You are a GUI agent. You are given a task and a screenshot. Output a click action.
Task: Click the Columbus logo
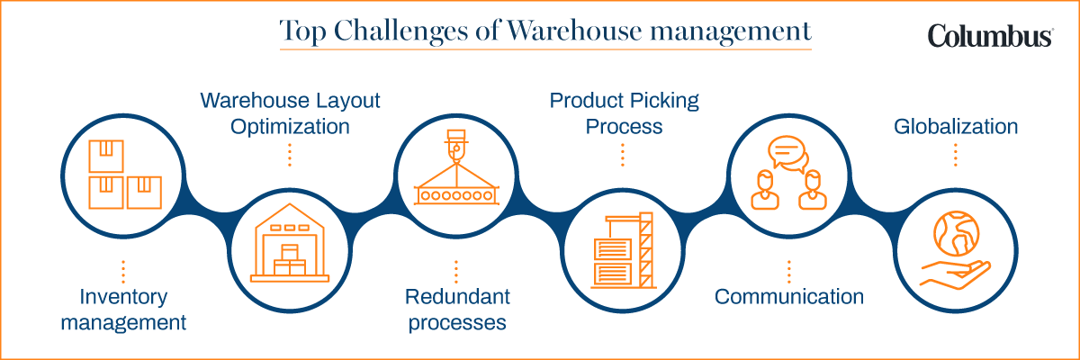coord(991,35)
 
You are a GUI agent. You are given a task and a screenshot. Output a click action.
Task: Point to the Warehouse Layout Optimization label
coord(290,113)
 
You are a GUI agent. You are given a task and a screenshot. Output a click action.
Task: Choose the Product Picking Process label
coord(624,113)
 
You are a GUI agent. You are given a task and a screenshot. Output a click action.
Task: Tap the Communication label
coord(789,296)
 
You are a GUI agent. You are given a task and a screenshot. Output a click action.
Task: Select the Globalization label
coord(956,126)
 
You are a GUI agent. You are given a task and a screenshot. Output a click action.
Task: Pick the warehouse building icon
coord(290,245)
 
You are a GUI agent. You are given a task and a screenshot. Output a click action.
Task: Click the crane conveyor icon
coord(457,171)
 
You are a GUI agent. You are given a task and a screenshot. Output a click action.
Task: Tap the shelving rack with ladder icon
coord(624,246)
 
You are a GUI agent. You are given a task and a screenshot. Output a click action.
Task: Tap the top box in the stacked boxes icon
coord(105,154)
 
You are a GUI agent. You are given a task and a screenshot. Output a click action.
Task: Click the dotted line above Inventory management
coord(122,270)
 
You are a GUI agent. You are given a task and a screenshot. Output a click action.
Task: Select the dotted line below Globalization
coord(956,155)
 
